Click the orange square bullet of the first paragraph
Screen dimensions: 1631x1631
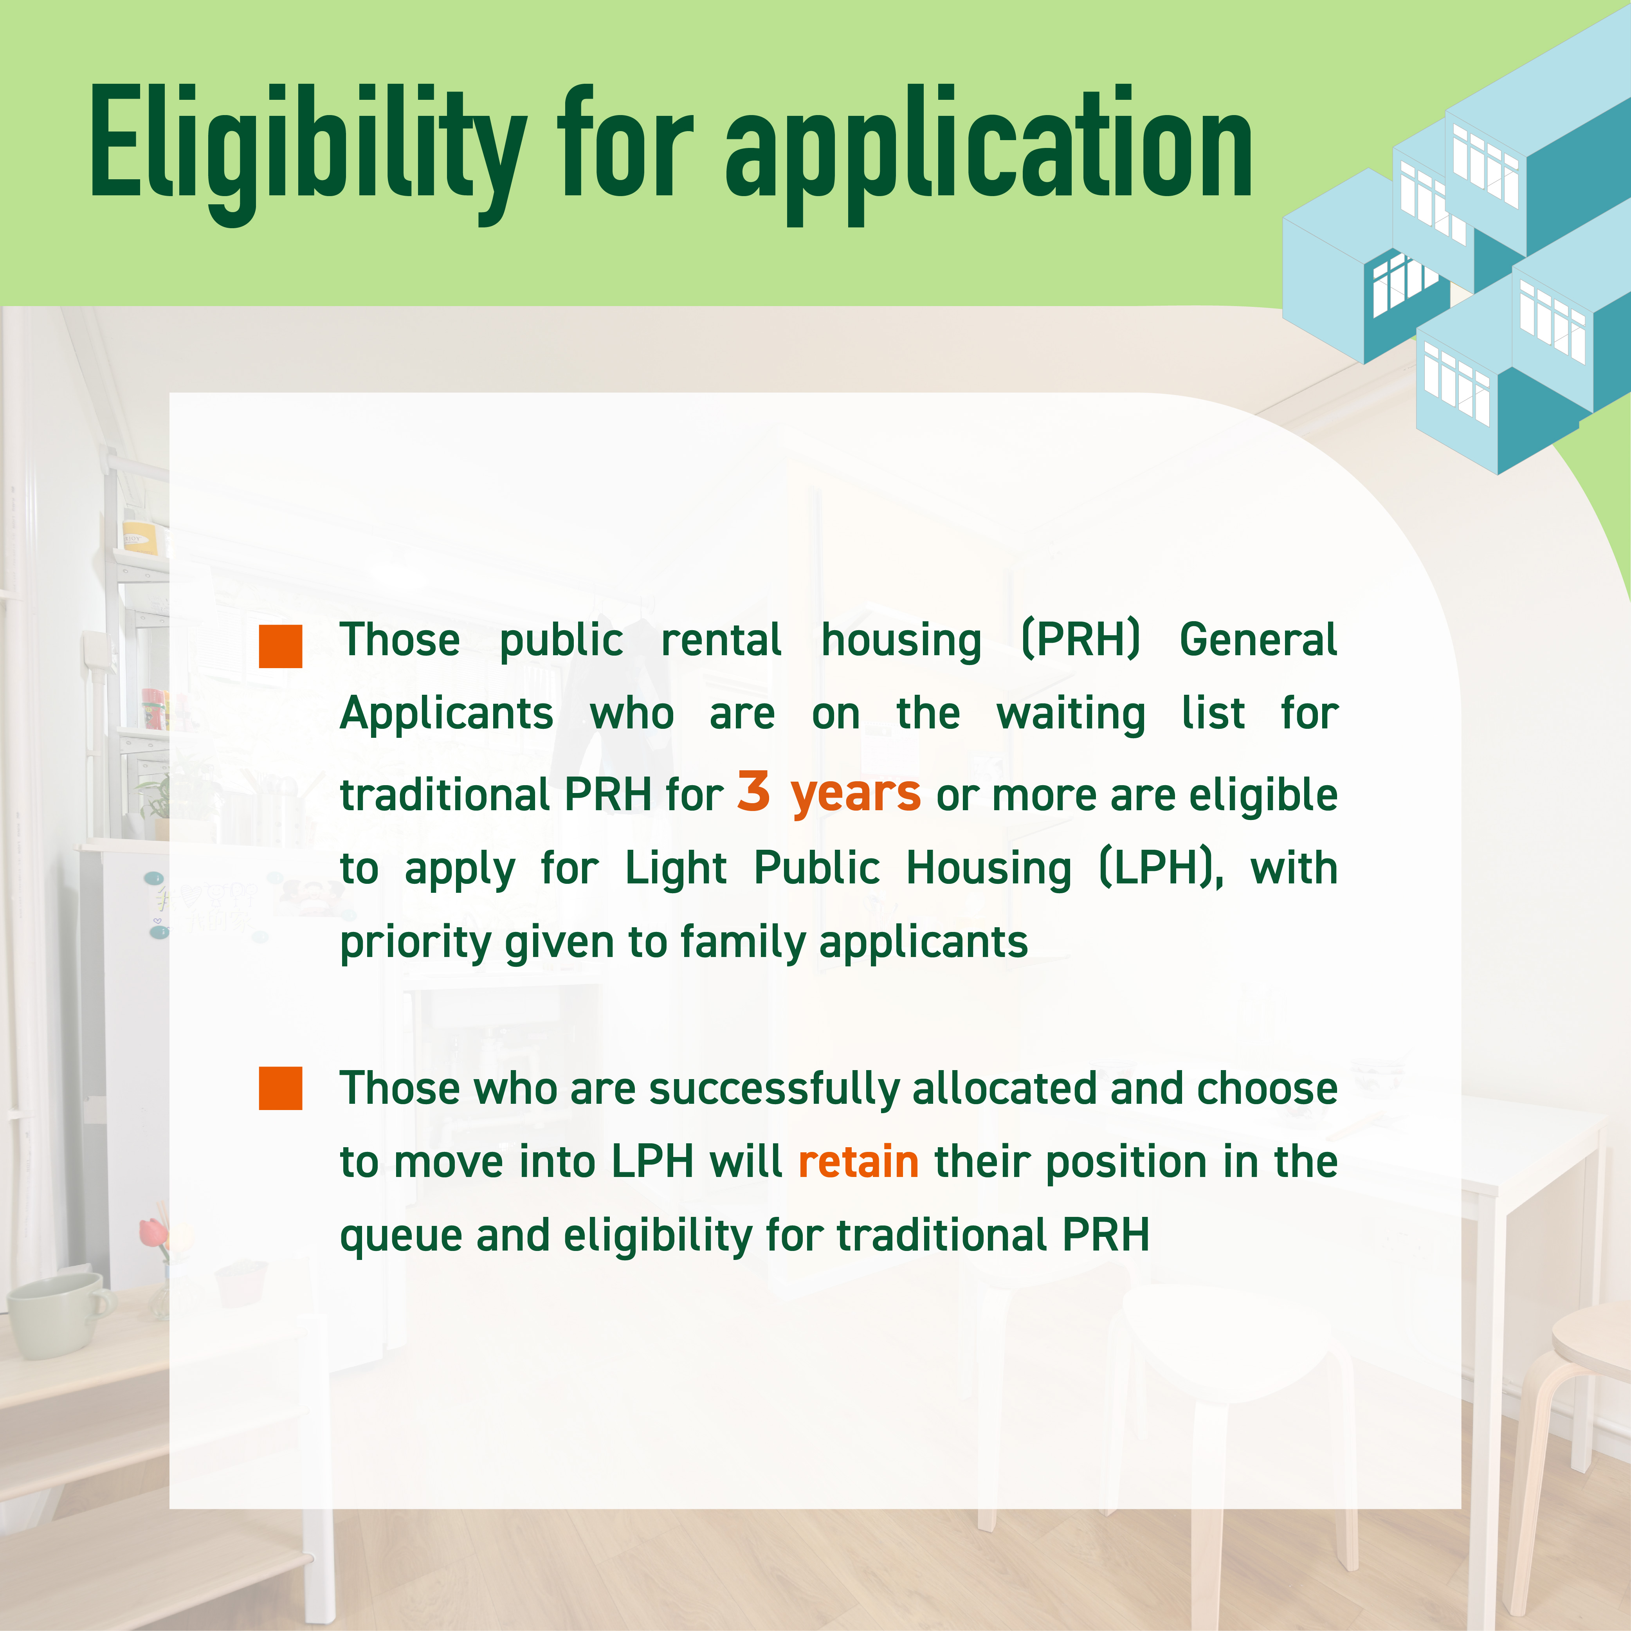(x=280, y=647)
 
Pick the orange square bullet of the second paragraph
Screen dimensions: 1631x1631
(x=280, y=1088)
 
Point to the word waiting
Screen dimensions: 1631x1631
(x=1071, y=714)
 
